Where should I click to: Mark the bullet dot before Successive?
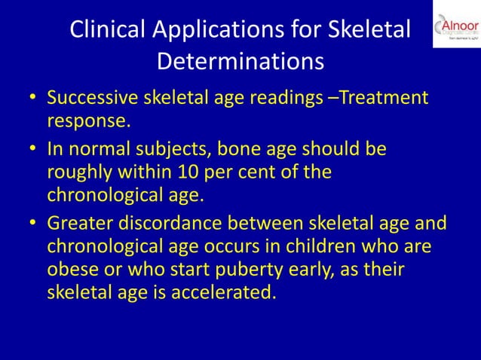(32, 99)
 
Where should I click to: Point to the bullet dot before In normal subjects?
(32, 150)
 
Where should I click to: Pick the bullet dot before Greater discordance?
(32, 224)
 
